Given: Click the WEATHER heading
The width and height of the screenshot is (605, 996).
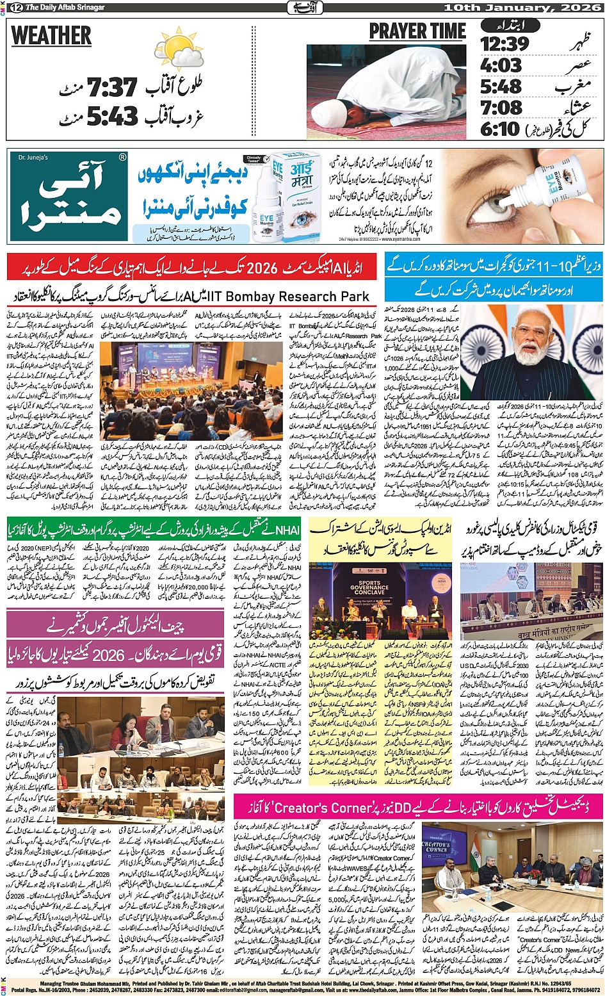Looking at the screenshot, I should [51, 36].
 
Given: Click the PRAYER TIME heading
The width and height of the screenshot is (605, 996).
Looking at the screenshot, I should [417, 31].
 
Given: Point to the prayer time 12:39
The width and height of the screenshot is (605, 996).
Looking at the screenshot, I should [504, 44].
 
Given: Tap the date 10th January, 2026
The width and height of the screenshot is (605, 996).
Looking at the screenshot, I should [522, 7].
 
